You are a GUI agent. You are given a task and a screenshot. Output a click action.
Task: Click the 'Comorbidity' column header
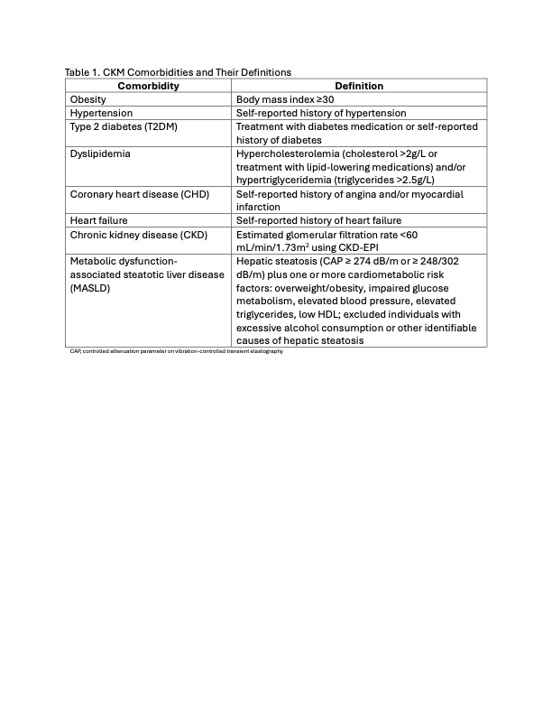coord(149,86)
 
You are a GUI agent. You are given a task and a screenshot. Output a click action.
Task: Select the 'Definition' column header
coord(359,86)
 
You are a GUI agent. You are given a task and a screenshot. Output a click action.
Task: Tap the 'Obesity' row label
coord(89,99)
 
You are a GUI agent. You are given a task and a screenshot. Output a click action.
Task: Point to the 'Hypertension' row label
coord(101,113)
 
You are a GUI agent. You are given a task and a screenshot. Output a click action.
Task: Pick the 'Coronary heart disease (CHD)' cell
coord(137,193)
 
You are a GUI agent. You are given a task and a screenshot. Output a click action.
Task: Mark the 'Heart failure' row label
coord(99,220)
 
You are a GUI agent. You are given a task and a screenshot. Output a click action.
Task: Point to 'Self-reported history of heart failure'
coord(318,220)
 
